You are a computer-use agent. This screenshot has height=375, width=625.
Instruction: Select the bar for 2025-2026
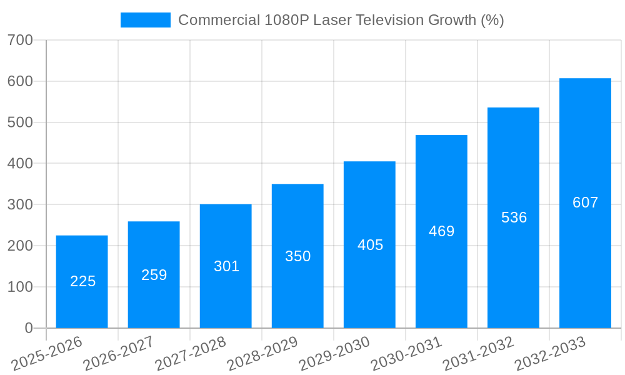click(82, 281)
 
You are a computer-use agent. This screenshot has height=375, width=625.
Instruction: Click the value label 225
click(82, 281)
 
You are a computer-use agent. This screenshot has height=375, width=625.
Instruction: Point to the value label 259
click(154, 275)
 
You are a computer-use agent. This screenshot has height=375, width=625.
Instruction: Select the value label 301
click(226, 266)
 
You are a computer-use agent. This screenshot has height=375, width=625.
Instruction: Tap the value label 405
click(370, 245)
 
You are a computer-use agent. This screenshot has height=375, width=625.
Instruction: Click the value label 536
click(514, 217)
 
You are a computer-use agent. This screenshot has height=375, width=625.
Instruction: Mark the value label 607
click(585, 202)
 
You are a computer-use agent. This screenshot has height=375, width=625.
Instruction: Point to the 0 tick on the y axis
click(29, 328)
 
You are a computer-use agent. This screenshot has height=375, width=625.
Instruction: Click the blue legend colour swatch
click(146, 20)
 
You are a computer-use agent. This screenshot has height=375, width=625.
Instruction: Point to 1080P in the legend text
click(286, 20)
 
